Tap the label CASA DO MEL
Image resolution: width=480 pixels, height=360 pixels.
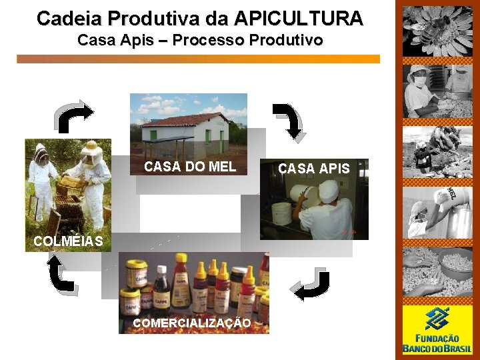(x=190, y=167)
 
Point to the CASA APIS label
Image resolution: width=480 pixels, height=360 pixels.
(x=314, y=169)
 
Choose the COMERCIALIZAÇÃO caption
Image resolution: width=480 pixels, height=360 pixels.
(x=192, y=323)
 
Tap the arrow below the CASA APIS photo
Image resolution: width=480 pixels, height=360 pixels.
(x=310, y=285)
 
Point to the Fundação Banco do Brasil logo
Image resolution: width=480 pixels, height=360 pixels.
(x=437, y=330)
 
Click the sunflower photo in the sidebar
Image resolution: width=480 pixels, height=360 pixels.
(x=437, y=31)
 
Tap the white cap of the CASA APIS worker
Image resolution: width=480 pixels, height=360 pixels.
(x=328, y=191)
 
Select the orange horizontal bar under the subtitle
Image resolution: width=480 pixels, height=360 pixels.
(x=198, y=59)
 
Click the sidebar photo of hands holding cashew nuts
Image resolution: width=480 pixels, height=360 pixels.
(x=437, y=271)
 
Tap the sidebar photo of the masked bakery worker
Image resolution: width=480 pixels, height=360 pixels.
(x=437, y=91)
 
